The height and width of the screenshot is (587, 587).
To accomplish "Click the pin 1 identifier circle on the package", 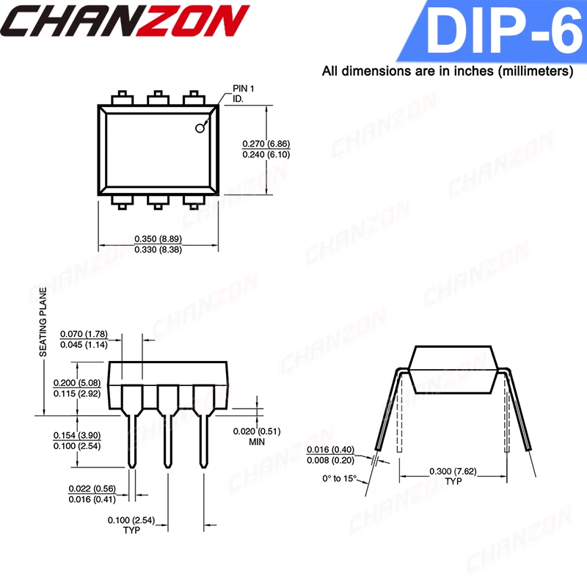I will point(200,129).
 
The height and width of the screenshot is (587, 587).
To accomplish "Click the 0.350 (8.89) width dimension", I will point(158,238).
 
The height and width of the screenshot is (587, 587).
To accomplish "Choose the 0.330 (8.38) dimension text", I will point(158,249).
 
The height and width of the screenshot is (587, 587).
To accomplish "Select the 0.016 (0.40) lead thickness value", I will point(331,449).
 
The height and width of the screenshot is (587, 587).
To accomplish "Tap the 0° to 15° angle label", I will point(340,478).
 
